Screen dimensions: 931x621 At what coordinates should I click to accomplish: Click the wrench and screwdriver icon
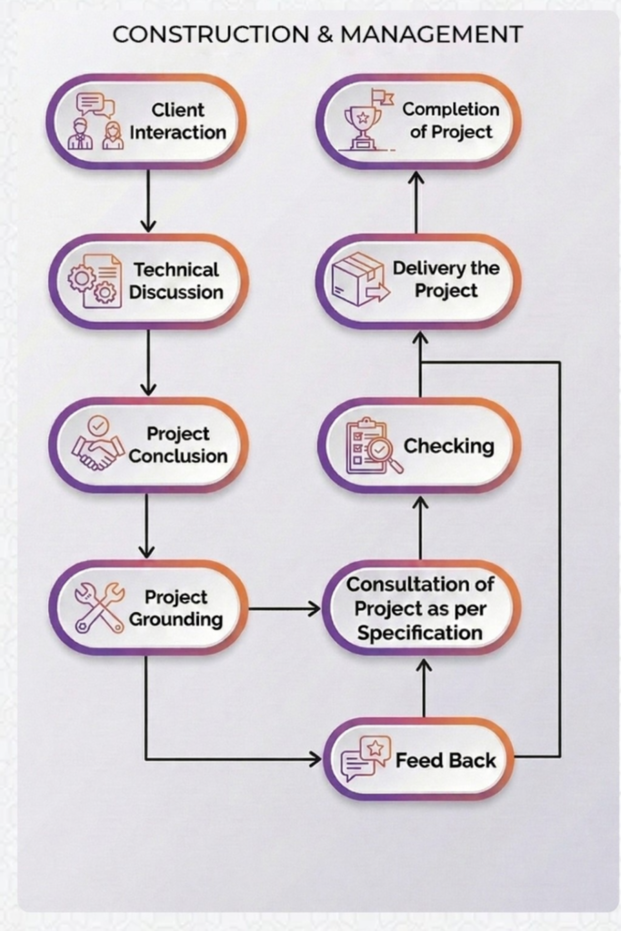(99, 607)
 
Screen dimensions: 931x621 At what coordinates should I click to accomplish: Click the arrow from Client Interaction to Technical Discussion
(147, 200)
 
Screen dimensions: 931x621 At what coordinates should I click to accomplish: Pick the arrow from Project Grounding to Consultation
(284, 608)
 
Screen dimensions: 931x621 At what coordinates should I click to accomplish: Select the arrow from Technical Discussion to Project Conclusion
(147, 362)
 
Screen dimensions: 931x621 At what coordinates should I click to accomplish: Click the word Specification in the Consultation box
(419, 633)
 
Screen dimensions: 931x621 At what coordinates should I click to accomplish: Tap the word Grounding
(175, 620)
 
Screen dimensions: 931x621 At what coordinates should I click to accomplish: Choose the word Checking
(449, 446)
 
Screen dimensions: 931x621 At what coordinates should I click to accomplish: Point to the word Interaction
(177, 133)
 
